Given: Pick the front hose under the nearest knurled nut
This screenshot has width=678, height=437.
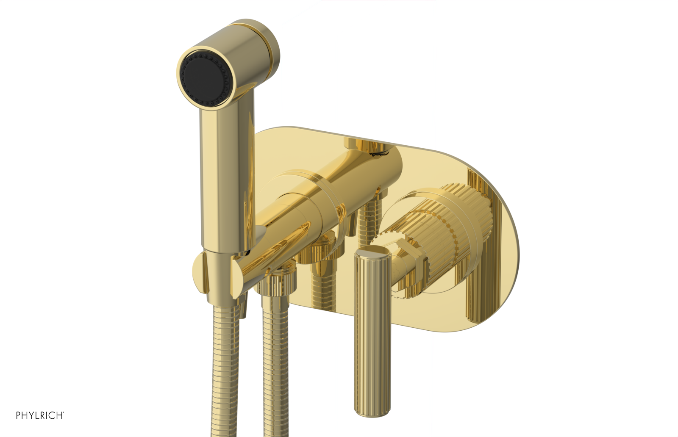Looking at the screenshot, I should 275,364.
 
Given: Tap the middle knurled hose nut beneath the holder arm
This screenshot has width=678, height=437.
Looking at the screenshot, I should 320,250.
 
